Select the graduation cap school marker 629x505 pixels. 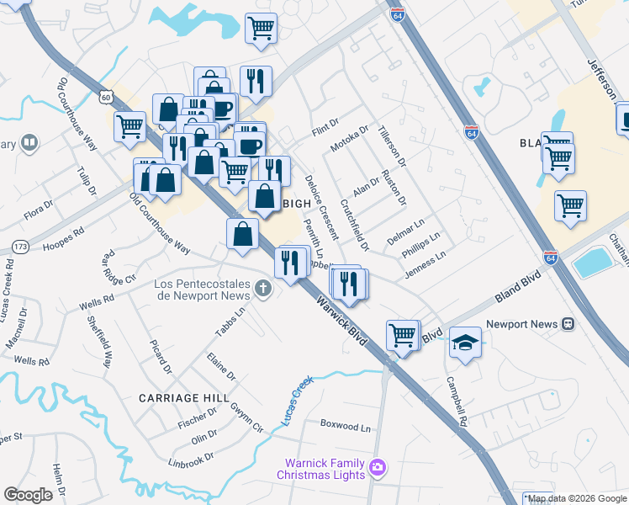tap(465, 343)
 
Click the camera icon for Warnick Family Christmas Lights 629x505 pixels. tap(378, 466)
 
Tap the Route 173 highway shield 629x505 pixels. tap(19, 247)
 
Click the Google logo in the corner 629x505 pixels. tap(29, 494)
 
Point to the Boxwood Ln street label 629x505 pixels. tap(346, 426)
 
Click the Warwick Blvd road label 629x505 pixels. tap(341, 320)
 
